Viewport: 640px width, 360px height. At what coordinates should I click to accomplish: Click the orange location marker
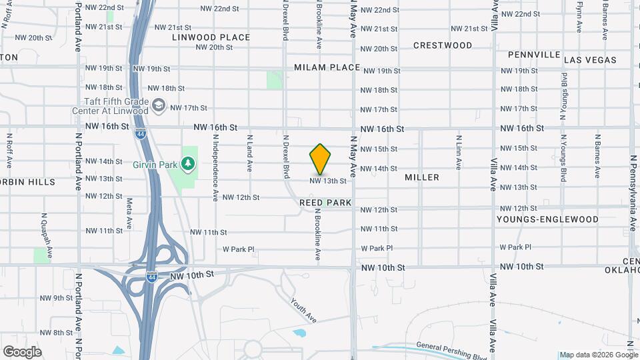pyautogui.click(x=320, y=159)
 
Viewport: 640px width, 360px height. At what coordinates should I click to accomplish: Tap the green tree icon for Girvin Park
pyautogui.click(x=189, y=162)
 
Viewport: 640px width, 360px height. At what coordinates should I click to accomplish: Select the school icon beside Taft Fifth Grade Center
pyautogui.click(x=159, y=105)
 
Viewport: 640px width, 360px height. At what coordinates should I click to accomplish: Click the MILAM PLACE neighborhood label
pyautogui.click(x=327, y=68)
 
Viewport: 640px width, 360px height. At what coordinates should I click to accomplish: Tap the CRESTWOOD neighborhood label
pyautogui.click(x=443, y=45)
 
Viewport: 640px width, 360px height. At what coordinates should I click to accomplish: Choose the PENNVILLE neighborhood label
pyautogui.click(x=534, y=55)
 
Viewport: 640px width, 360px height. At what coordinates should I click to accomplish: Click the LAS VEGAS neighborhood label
pyautogui.click(x=590, y=60)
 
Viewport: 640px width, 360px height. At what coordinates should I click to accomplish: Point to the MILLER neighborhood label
pyautogui.click(x=422, y=177)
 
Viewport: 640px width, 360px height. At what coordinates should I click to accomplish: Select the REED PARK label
pyautogui.click(x=325, y=202)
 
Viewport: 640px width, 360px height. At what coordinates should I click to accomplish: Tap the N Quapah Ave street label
pyautogui.click(x=45, y=229)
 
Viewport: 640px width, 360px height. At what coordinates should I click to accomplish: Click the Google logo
pyautogui.click(x=22, y=352)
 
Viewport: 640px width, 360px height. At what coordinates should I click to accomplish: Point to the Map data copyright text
pyautogui.click(x=598, y=355)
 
